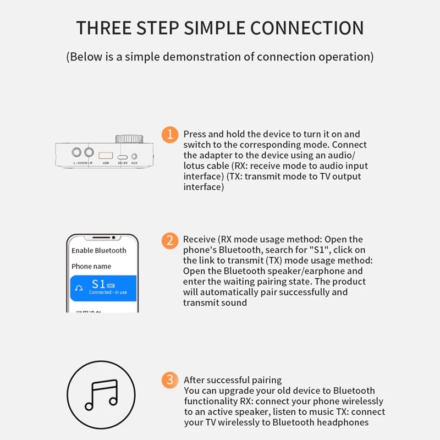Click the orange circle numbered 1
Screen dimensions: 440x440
pos(170,134)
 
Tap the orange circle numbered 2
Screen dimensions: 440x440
pos(170,240)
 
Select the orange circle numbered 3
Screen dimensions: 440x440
pos(170,380)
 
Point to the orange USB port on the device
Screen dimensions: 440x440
pos(105,154)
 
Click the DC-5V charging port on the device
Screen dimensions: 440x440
pos(123,156)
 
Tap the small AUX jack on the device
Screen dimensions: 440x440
pos(134,156)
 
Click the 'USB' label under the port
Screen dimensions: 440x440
pos(105,163)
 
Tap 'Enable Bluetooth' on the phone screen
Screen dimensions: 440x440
pos(99,251)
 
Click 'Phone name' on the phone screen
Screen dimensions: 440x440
pos(91,266)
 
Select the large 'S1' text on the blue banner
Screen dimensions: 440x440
pos(98,284)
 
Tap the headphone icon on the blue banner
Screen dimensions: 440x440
pos(80,288)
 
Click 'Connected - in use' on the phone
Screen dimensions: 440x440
pos(108,293)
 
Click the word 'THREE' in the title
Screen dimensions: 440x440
pos(101,28)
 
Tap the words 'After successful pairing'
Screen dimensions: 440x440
pos(233,380)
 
